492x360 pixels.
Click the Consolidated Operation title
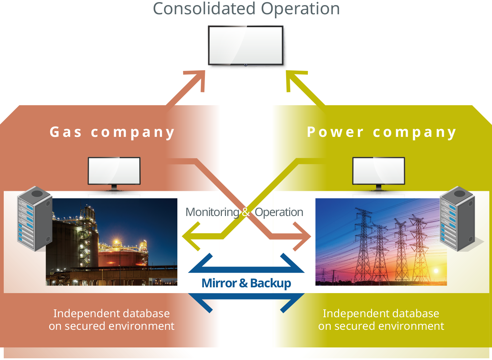click(246, 9)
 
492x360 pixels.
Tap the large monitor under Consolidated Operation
click(246, 45)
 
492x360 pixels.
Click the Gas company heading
click(112, 132)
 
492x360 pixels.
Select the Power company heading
click(381, 132)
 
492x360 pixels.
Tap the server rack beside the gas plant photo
click(34, 219)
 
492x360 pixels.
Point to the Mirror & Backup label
click(246, 283)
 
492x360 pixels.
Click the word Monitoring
click(212, 212)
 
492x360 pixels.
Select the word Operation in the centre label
click(279, 212)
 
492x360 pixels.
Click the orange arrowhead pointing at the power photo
click(302, 236)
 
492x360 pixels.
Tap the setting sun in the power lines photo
click(436, 271)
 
